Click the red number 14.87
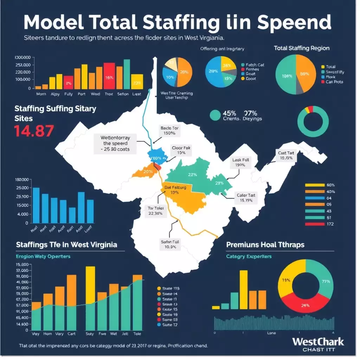(34, 130)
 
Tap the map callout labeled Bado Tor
(169, 131)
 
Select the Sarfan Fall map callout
(170, 244)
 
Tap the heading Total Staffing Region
(301, 48)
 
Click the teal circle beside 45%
(215, 115)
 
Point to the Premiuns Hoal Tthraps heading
(265, 244)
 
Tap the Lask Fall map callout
(241, 162)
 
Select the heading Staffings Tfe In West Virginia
(66, 244)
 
